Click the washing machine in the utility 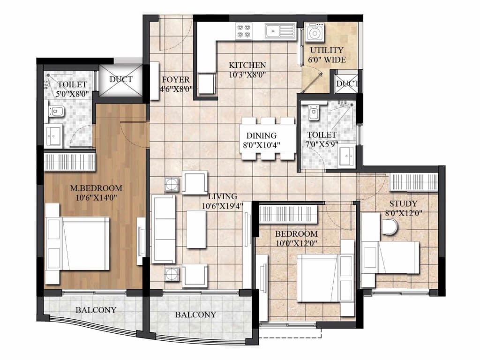click(x=315, y=33)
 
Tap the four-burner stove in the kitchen click(x=244, y=31)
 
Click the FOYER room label click(x=176, y=80)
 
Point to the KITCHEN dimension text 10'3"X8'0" click(x=247, y=75)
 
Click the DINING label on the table click(x=262, y=135)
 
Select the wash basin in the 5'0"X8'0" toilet click(x=54, y=135)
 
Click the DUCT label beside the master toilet click(x=121, y=79)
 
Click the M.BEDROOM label click(x=96, y=188)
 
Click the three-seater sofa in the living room click(x=164, y=229)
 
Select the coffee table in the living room click(x=196, y=229)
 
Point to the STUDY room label click(x=403, y=204)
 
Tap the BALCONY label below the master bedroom click(x=96, y=310)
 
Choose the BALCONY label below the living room click(x=195, y=315)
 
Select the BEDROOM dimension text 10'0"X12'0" click(x=296, y=244)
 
